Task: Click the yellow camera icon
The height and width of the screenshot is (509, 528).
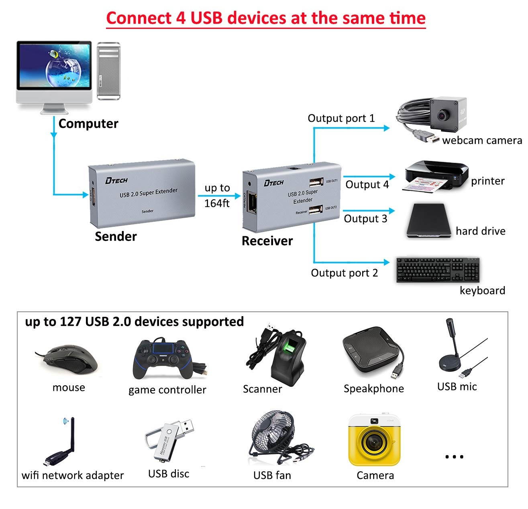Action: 375,440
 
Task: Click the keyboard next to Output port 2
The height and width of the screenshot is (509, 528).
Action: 437,270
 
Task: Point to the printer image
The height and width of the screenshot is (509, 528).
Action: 436,176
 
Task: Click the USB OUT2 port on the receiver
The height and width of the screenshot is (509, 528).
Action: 316,209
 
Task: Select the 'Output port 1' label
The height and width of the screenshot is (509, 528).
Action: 341,118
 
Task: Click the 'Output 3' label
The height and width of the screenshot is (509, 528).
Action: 365,219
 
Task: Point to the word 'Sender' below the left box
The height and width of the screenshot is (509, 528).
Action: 116,236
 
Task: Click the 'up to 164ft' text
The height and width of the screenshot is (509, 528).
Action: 217,196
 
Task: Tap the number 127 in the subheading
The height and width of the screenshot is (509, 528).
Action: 70,321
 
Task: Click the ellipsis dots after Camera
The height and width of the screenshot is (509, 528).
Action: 455,456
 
